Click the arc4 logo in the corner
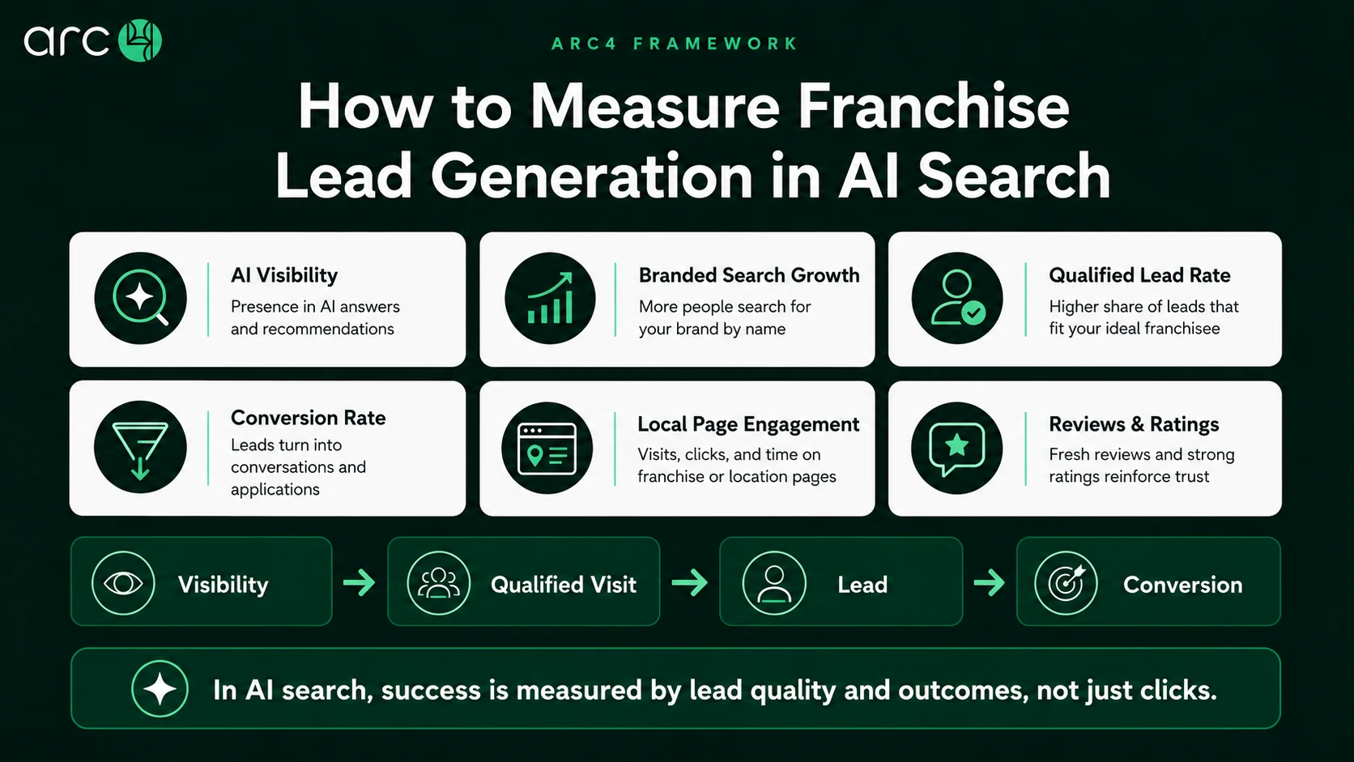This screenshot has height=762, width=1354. click(92, 40)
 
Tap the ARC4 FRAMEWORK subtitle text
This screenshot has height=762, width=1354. click(675, 44)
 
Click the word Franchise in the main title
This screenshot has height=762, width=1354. click(933, 107)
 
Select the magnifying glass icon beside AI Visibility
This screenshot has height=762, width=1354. click(140, 299)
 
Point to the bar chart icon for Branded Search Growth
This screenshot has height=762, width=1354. click(550, 299)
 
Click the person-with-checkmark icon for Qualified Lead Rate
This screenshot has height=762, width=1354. click(957, 299)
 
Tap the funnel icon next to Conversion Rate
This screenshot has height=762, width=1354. click(140, 448)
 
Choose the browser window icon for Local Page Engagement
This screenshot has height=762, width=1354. click(547, 448)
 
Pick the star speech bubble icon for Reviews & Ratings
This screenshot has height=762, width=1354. click(957, 448)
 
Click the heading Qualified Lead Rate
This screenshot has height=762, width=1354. click(1139, 275)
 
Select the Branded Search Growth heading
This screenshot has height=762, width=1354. click(749, 275)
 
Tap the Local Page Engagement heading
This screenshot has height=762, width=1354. click(748, 425)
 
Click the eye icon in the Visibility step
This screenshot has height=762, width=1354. click(123, 583)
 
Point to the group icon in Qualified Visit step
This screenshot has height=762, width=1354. click(439, 583)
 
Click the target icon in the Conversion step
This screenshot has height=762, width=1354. click(1066, 583)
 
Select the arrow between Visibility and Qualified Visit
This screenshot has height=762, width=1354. click(360, 582)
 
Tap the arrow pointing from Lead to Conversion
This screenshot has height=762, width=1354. click(990, 582)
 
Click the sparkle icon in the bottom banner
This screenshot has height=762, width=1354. click(160, 689)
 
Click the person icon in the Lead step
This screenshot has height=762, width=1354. click(774, 583)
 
